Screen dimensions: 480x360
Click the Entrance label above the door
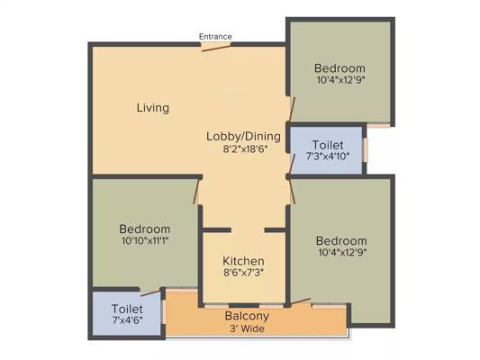[215, 36]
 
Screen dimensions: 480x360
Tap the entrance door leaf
[216, 48]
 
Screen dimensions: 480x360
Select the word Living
[153, 108]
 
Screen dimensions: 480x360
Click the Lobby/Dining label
[243, 137]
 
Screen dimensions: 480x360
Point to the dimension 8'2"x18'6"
[246, 149]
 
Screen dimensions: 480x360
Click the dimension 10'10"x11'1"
[145, 240]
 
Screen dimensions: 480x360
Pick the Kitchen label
[243, 261]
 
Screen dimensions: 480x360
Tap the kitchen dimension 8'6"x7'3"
[243, 272]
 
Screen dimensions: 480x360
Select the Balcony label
[247, 316]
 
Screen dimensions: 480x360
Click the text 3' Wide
[247, 328]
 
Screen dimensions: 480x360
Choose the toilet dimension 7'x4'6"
[127, 320]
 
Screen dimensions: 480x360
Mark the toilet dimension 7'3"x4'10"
[328, 157]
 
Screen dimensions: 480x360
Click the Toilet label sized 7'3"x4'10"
[328, 145]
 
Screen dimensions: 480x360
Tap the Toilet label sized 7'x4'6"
[127, 309]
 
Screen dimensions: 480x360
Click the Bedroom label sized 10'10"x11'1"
[145, 229]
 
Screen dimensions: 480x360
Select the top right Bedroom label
[340, 67]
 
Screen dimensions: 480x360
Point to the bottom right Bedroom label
[341, 240]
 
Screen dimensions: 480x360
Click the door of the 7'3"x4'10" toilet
[293, 164]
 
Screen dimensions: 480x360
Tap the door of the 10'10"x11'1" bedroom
[196, 192]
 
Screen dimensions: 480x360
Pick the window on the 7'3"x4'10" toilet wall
[365, 150]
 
